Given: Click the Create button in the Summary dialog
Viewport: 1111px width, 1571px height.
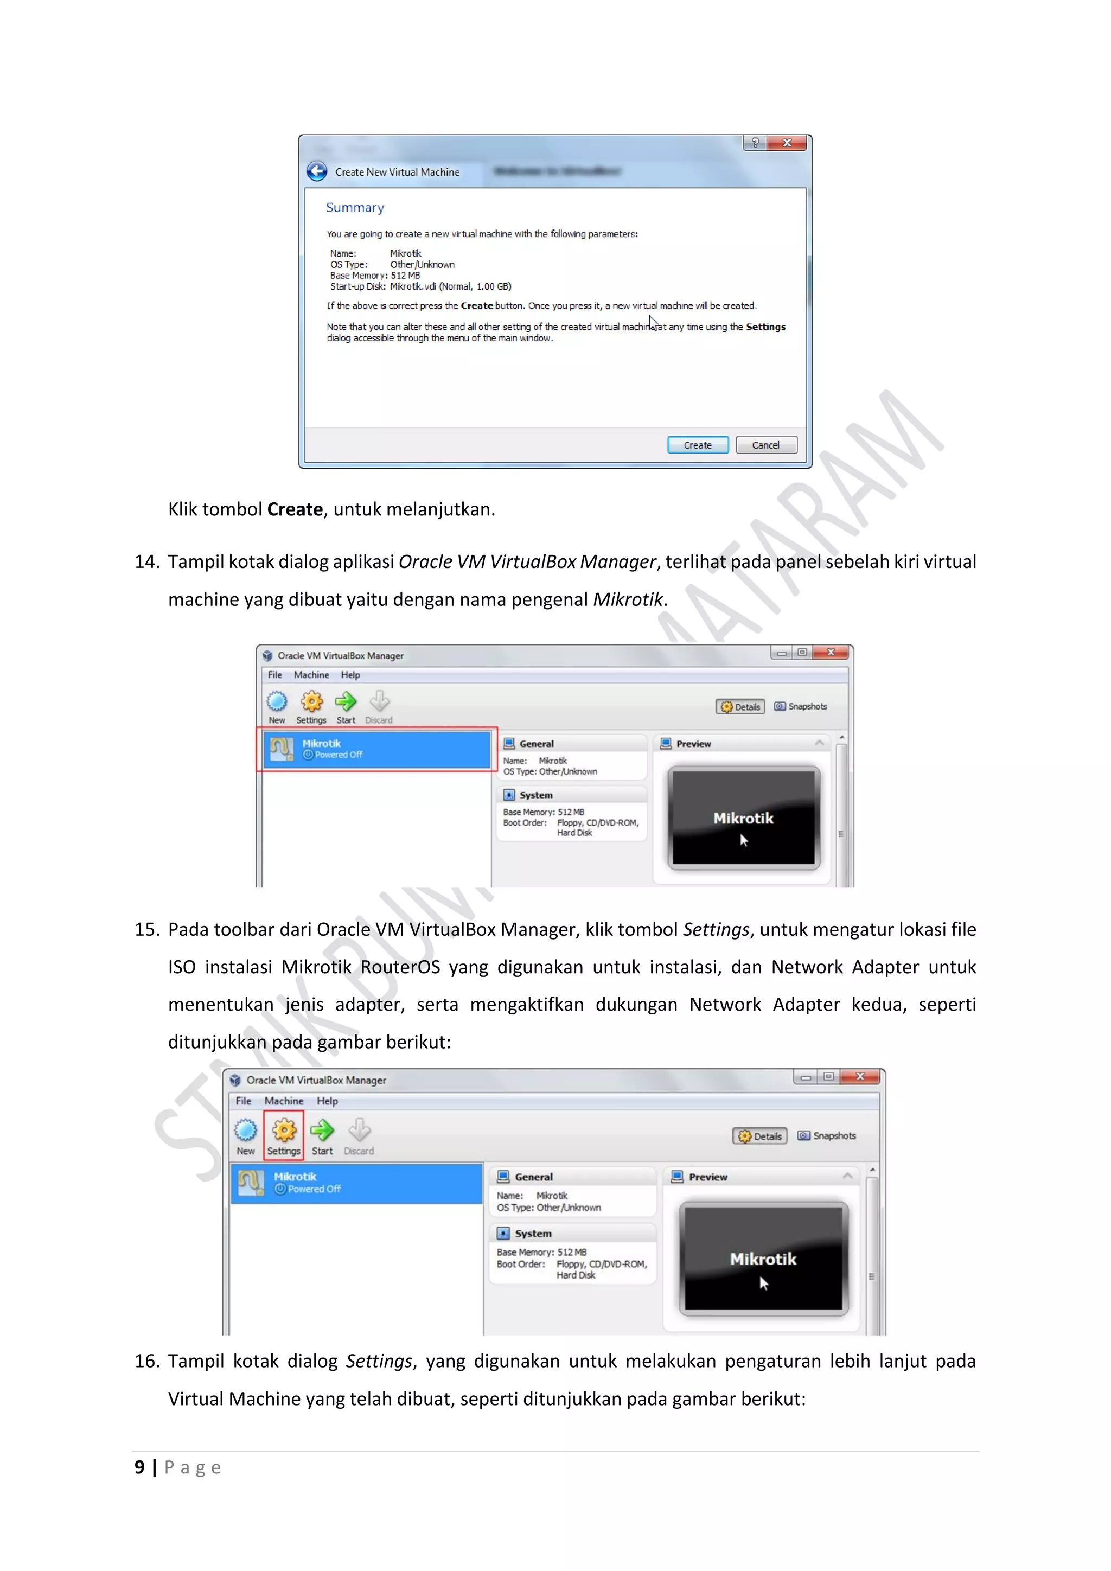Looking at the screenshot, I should click(x=697, y=445).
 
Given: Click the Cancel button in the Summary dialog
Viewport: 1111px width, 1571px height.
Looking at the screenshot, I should click(x=765, y=445).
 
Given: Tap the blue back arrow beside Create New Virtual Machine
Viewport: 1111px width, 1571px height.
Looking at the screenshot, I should click(x=317, y=171).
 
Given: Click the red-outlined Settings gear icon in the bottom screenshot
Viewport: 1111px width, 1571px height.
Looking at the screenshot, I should click(x=284, y=1131).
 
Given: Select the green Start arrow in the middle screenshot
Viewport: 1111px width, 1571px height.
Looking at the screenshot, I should click(x=346, y=702).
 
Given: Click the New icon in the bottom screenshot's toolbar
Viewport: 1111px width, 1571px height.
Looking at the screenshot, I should click(x=246, y=1131).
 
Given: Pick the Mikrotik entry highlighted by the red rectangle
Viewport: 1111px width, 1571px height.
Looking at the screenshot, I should click(x=376, y=749).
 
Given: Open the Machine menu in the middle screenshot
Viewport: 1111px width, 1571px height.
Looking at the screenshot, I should click(x=311, y=675).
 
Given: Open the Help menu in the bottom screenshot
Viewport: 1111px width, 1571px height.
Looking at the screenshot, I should click(x=327, y=1101).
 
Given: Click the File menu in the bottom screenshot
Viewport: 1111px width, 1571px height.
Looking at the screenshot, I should click(x=244, y=1101).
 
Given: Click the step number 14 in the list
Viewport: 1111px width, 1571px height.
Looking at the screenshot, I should click(x=146, y=562).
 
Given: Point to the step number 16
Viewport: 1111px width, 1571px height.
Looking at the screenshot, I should click(x=146, y=1361).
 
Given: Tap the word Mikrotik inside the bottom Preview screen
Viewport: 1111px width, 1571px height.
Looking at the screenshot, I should click(x=763, y=1259).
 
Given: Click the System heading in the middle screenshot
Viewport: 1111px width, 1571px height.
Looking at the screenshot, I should click(x=535, y=795).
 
